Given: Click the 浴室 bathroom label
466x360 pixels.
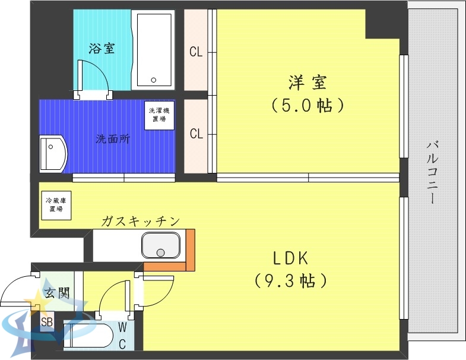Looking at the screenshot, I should pyautogui.click(x=102, y=49).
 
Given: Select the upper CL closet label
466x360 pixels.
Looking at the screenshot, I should pyautogui.click(x=196, y=52).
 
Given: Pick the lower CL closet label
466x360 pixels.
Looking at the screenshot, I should pyautogui.click(x=196, y=134).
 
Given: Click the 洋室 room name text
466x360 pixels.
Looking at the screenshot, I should pyautogui.click(x=308, y=82).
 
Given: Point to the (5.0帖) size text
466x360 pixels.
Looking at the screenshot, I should pyautogui.click(x=308, y=106).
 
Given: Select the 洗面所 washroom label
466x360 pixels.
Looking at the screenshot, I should pyautogui.click(x=113, y=140).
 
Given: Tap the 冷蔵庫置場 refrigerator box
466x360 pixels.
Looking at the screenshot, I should pyautogui.click(x=56, y=206).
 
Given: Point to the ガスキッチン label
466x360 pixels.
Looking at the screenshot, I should pyautogui.click(x=140, y=222).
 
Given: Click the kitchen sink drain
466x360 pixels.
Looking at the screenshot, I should pyautogui.click(x=160, y=252).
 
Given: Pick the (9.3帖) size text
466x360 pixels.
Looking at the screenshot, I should pyautogui.click(x=290, y=280).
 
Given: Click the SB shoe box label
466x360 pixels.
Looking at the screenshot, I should pyautogui.click(x=46, y=323).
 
